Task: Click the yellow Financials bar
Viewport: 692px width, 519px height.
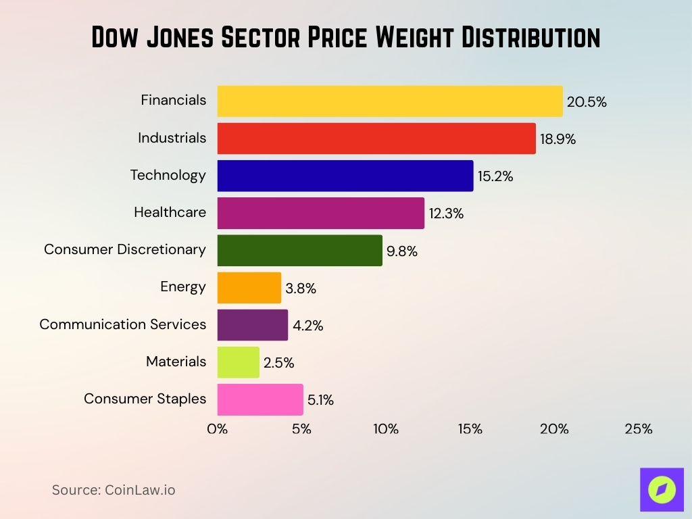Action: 389,101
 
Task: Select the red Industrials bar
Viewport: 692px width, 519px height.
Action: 376,139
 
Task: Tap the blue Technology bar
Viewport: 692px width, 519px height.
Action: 345,176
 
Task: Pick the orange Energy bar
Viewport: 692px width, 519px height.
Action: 249,288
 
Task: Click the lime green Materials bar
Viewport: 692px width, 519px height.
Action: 238,362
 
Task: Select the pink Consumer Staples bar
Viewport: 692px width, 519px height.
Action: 259,399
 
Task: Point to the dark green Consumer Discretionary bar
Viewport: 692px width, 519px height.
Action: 299,251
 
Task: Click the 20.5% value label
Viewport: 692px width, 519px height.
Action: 587,103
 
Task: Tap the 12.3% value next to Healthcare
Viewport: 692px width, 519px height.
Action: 446,214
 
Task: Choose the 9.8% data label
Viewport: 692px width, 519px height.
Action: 402,251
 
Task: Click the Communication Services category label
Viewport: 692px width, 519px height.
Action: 122,324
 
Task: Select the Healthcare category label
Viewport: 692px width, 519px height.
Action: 170,212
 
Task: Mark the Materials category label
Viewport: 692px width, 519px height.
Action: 176,362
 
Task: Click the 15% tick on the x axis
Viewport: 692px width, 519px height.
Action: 470,429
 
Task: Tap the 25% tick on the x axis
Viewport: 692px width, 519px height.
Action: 638,429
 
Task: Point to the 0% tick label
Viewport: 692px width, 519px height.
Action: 217,429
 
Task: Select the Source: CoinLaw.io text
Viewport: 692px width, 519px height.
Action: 114,490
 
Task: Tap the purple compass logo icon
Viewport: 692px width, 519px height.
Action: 662,489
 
